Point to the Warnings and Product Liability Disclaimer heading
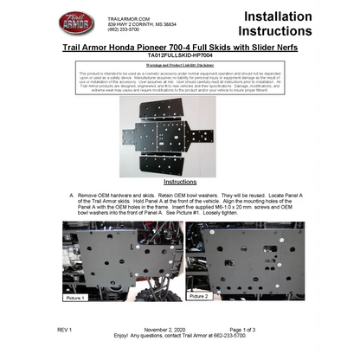[180, 64]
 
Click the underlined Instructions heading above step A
[180, 183]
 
